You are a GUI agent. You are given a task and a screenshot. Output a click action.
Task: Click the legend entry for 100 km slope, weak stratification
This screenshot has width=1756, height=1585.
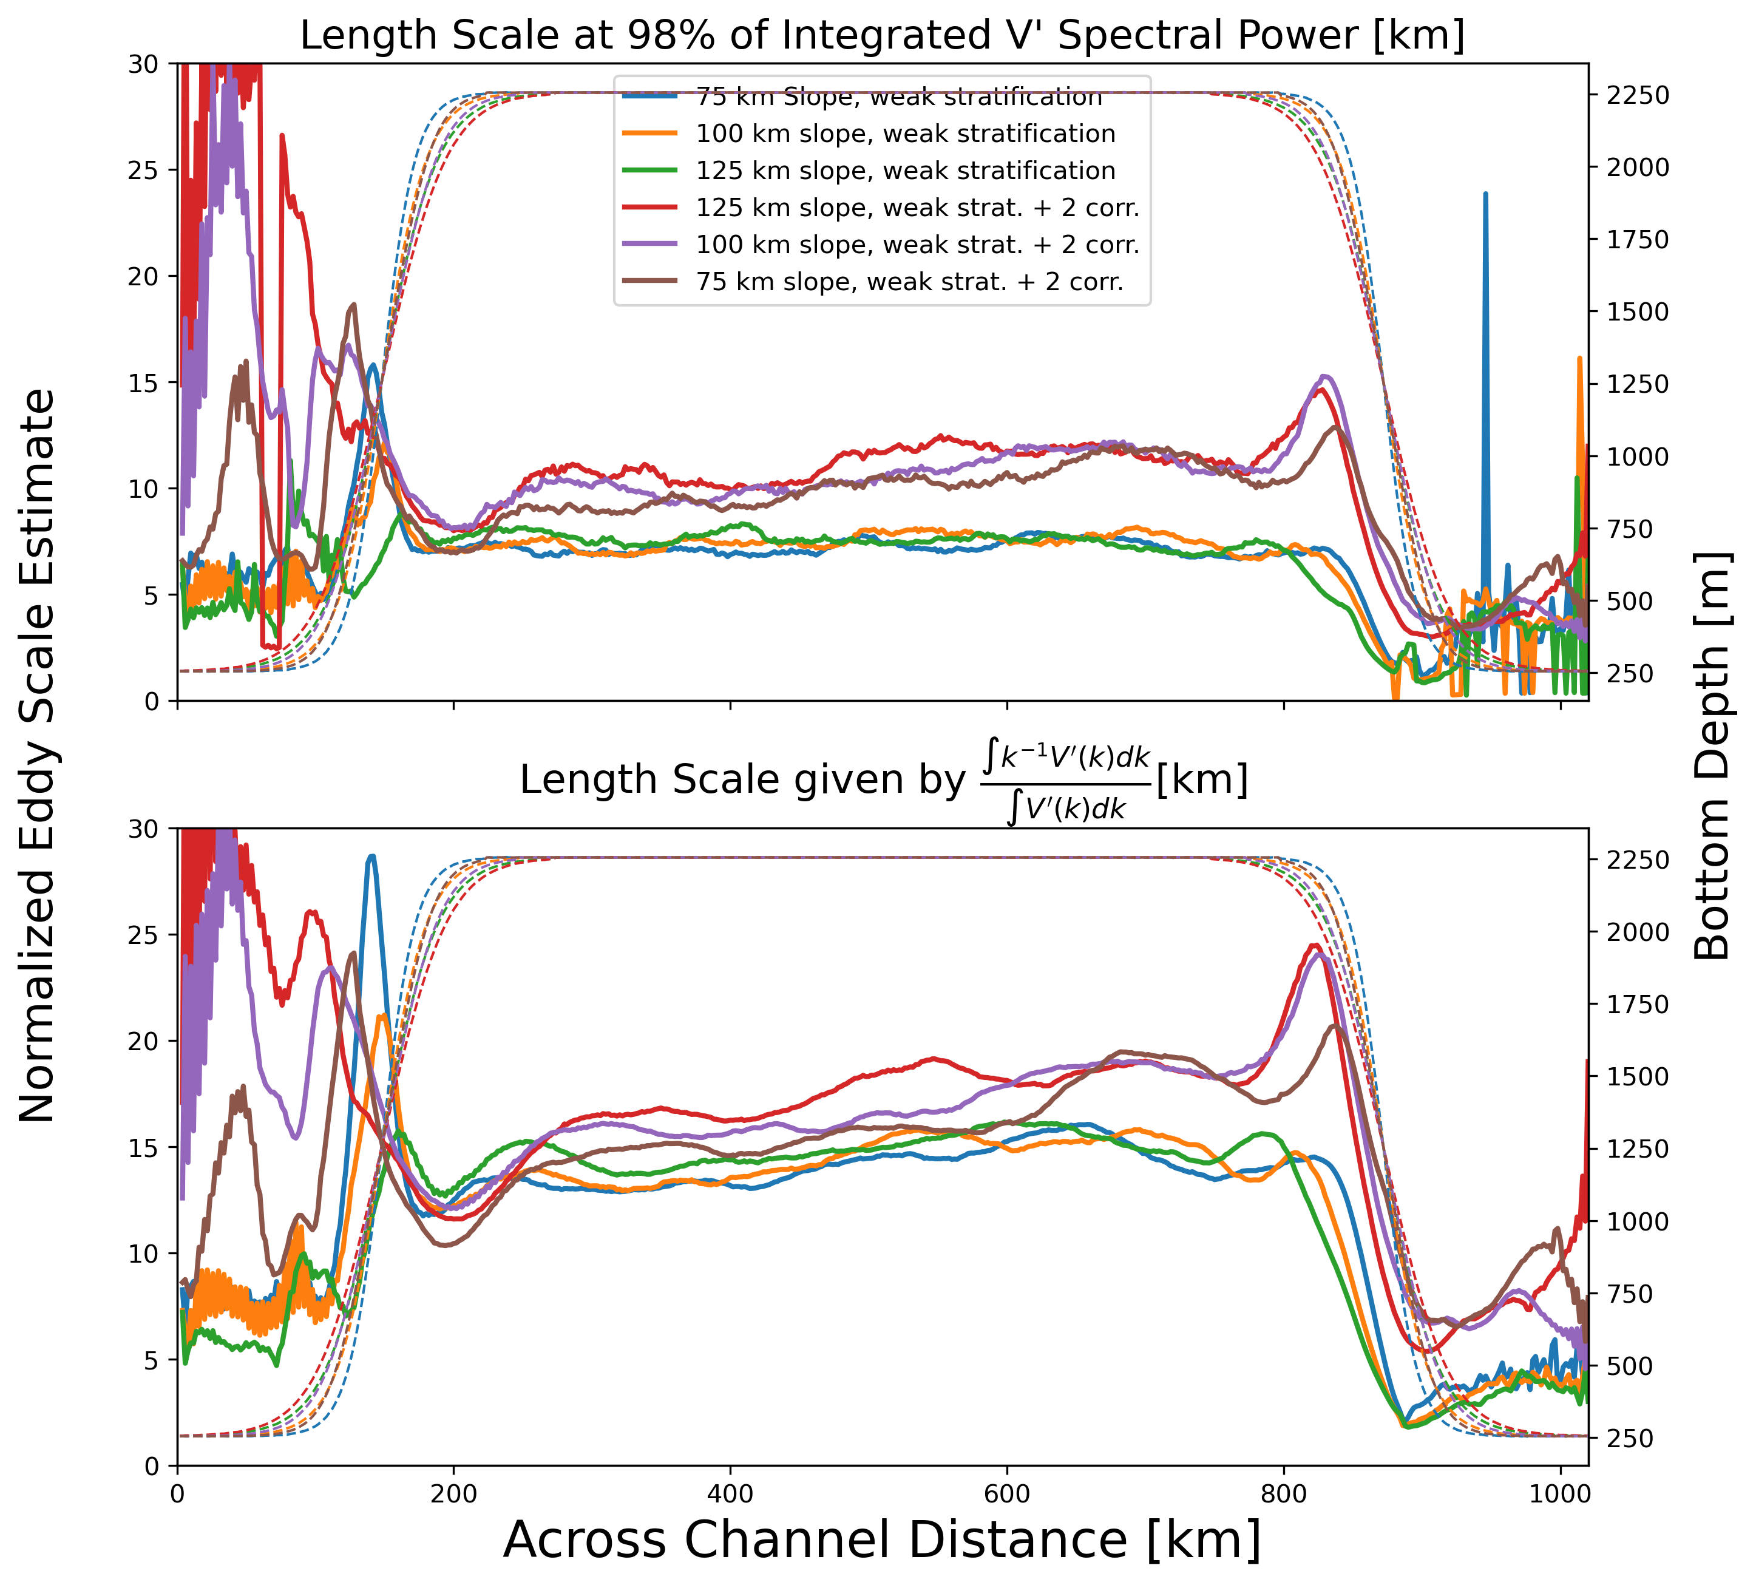click(x=906, y=133)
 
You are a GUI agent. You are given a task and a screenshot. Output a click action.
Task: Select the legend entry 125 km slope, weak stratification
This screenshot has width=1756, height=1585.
click(x=906, y=171)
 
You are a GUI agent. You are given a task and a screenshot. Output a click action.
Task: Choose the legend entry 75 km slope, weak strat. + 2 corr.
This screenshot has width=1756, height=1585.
click(x=909, y=281)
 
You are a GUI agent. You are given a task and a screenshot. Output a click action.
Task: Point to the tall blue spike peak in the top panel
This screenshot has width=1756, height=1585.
click(x=1485, y=194)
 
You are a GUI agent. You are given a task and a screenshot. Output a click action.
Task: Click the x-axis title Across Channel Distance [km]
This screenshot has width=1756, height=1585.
click(x=882, y=1539)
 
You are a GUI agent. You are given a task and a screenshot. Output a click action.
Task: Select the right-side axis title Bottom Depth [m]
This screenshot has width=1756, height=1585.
click(x=1712, y=755)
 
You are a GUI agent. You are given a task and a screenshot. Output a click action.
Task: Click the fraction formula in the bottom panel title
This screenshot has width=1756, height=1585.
click(x=1066, y=779)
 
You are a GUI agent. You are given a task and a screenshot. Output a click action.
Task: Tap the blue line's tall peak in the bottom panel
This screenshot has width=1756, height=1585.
click(x=371, y=857)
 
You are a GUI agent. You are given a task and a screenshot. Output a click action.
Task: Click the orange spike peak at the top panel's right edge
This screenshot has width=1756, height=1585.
click(x=1579, y=358)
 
